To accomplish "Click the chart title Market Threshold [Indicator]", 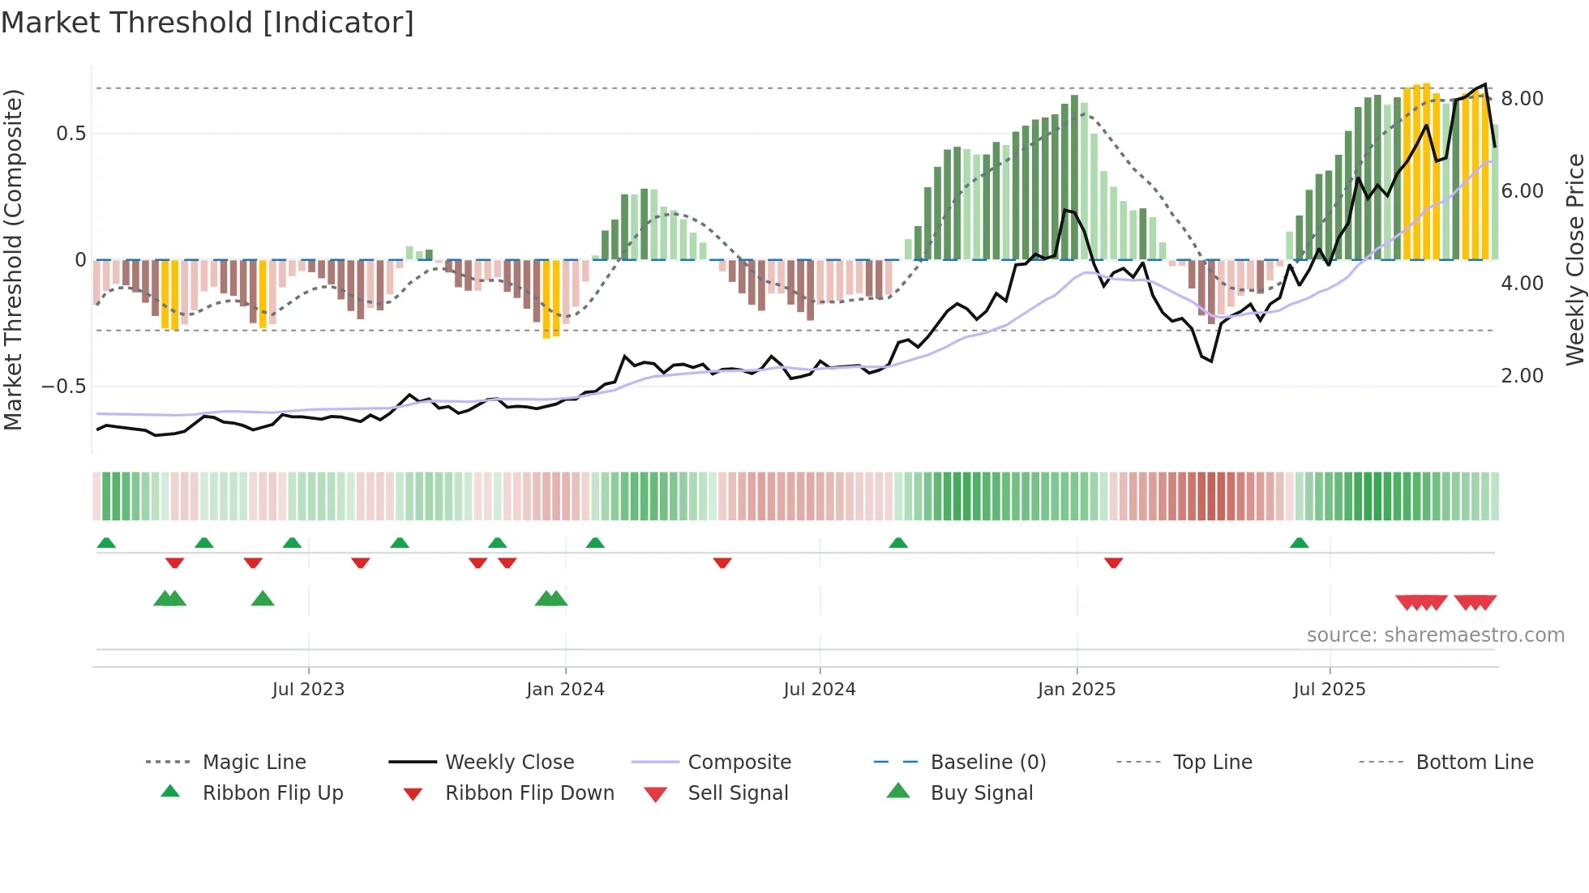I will click(x=208, y=23).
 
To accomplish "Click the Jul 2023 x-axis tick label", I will click(x=308, y=690).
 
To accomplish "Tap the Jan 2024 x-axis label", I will click(x=565, y=690).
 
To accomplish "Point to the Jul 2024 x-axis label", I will click(x=820, y=690).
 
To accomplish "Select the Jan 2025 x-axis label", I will click(x=1077, y=690).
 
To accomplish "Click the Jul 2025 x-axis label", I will click(x=1330, y=690).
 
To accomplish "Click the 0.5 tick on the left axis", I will click(x=71, y=134).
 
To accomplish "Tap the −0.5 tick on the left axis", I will click(x=64, y=387).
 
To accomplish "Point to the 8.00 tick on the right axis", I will click(x=1522, y=99).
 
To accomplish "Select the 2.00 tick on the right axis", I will click(x=1522, y=376).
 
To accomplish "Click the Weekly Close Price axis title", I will click(x=1574, y=259).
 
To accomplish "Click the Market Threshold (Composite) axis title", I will click(x=13, y=259).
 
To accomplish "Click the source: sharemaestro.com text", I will click(x=1435, y=635).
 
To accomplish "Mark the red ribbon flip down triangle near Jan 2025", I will click(x=1113, y=562).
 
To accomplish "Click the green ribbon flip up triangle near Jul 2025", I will click(x=1299, y=543).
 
